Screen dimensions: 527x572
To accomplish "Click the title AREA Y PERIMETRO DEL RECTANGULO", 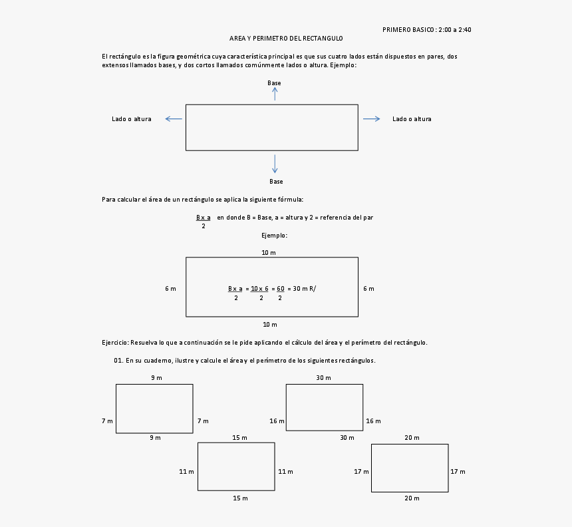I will click(286, 39).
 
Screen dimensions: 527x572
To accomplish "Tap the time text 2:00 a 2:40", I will click(455, 29).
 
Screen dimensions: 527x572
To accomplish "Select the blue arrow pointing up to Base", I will click(275, 94).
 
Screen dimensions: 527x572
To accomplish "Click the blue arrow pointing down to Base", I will click(275, 164).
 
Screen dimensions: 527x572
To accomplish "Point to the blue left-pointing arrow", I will click(174, 119).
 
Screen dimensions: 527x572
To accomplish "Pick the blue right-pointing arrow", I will click(371, 119).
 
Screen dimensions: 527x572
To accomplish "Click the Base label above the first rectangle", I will click(274, 83).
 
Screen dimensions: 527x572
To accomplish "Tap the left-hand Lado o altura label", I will click(131, 119).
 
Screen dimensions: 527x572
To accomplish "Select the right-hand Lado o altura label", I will click(412, 119).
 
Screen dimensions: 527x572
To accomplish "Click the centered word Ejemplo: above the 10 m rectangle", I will click(274, 235).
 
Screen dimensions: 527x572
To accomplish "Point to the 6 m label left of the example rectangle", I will click(170, 289).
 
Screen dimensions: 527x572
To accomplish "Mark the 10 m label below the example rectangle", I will click(269, 325).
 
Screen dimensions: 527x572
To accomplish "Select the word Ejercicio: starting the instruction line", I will click(115, 343).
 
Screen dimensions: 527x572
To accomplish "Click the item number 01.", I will click(118, 361).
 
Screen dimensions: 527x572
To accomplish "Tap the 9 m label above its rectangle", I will click(156, 378).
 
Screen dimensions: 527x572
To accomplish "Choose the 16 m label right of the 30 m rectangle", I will click(373, 421).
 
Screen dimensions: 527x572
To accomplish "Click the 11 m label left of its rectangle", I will click(186, 472).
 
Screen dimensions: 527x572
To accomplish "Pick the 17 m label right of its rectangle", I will click(458, 472).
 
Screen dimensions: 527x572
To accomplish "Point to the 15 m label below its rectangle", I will click(240, 498).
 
